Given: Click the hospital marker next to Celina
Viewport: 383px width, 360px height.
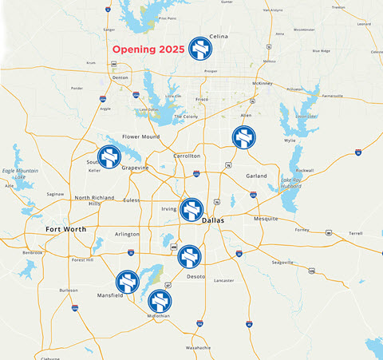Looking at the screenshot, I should click(x=200, y=49).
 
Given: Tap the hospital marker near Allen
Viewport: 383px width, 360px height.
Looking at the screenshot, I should click(x=243, y=137).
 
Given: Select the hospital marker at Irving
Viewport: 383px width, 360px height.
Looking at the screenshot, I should click(x=191, y=211).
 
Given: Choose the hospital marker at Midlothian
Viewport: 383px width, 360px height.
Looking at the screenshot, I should click(x=159, y=302).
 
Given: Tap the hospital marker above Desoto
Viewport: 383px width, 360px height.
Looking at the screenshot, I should click(x=189, y=257).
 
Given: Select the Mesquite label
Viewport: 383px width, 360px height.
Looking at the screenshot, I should click(x=265, y=218).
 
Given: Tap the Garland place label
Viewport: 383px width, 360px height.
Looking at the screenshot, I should click(x=256, y=176).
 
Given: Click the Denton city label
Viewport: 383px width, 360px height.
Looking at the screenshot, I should click(x=120, y=77).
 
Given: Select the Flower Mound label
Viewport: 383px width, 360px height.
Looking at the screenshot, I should click(x=140, y=136).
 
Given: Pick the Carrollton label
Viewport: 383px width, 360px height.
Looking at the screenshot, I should click(x=187, y=156).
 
